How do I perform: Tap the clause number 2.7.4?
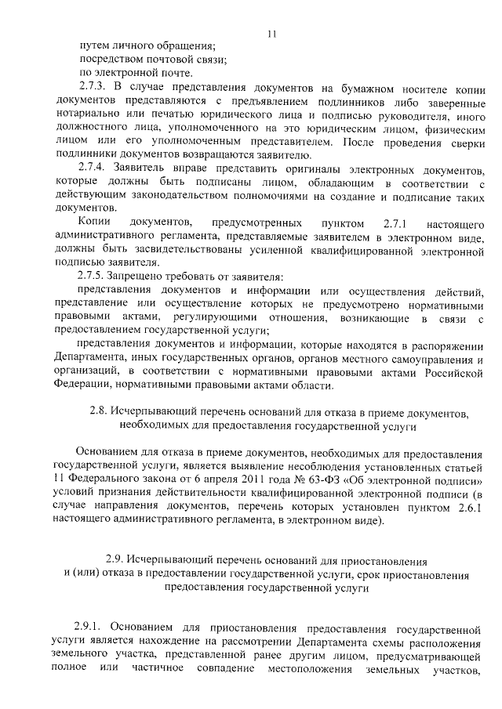pos(93,170)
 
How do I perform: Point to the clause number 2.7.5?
pos(93,277)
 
